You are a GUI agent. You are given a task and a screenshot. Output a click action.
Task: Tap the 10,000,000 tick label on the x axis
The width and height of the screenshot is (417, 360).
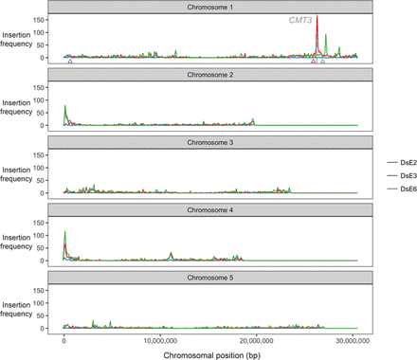point(160,337)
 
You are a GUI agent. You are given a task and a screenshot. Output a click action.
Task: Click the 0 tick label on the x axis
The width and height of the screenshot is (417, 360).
point(63,337)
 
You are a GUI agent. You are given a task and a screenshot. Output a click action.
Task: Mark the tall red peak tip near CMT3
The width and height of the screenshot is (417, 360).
point(317,17)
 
